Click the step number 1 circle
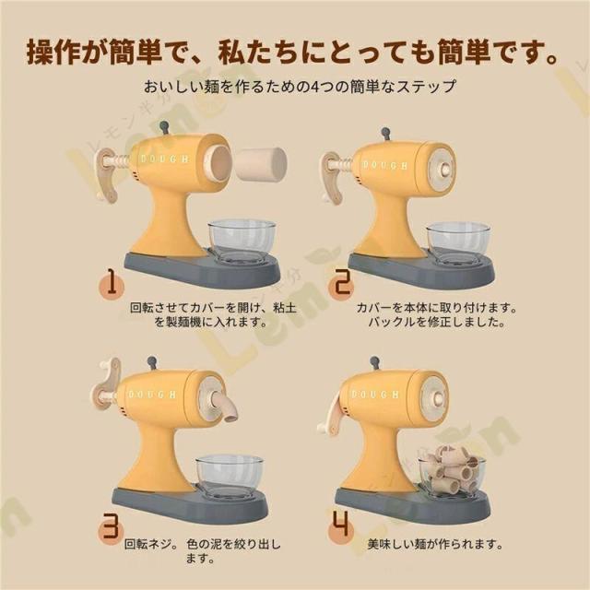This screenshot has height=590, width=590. click(x=112, y=285)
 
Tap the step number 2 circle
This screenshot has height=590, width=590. click(x=341, y=283)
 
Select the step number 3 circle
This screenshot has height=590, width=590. click(x=111, y=525)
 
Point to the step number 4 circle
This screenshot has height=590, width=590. click(x=341, y=525)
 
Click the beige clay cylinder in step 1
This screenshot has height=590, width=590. click(x=263, y=165)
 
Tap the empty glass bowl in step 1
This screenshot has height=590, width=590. click(x=242, y=241)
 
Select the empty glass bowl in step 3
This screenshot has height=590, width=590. click(x=230, y=477)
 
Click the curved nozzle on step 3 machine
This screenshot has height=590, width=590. click(x=225, y=405)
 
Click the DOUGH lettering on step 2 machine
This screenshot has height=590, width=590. click(x=384, y=165)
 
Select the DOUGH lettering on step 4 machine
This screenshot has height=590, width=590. click(x=374, y=395)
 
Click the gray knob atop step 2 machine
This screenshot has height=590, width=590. click(x=385, y=134)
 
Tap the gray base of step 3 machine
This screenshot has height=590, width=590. click(x=190, y=505)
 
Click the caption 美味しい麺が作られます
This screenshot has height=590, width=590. click(x=435, y=544)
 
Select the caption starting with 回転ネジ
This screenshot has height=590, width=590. click(x=203, y=550)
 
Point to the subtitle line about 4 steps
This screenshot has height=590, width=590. click(x=300, y=86)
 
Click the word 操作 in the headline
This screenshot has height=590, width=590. click(x=53, y=53)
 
